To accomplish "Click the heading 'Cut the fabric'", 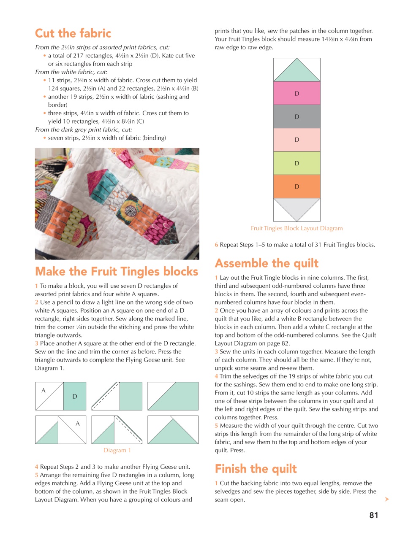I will (x=73, y=33).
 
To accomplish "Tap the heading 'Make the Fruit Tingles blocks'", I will (x=117, y=271).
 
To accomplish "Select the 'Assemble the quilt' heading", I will (x=267, y=263).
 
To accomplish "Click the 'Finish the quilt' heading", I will (x=256, y=469).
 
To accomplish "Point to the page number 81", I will (x=373, y=515).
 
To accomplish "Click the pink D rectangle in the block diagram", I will (x=296, y=93).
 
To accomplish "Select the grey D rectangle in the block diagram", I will (x=296, y=116).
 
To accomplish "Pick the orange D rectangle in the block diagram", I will (x=296, y=186).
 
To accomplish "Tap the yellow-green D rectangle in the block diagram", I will (x=296, y=163).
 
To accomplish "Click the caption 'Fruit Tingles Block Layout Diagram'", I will (x=296, y=228).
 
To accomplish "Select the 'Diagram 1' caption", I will (x=117, y=450).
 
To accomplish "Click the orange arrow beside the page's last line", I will (x=387, y=499).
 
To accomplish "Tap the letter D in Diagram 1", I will (x=75, y=397).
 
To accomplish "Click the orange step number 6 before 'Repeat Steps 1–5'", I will (x=216, y=245).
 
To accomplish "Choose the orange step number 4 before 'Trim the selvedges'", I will (x=216, y=376).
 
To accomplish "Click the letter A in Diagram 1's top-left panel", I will (x=43, y=391).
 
